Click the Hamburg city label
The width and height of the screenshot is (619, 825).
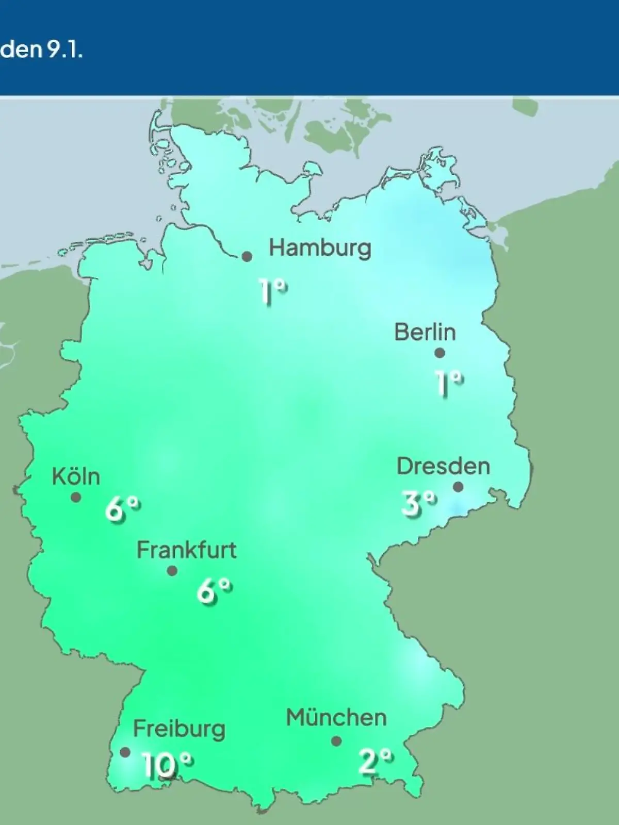coord(320,249)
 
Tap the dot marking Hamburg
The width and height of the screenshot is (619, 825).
coord(247,256)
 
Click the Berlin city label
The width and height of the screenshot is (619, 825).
coord(425,332)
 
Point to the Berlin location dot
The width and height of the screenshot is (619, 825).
coord(439,353)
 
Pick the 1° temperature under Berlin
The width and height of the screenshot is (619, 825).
coord(449,383)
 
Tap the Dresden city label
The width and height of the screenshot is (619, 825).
coord(443,466)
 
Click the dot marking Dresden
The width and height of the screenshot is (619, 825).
coord(458,487)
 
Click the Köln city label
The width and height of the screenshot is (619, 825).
coord(76,477)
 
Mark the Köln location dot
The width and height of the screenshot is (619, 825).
coord(76,498)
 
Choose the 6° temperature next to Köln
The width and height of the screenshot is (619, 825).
coord(123,509)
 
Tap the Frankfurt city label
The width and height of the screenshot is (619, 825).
coord(186,550)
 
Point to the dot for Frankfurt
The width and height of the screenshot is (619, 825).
coord(172,571)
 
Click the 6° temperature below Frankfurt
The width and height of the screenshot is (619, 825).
coord(214,591)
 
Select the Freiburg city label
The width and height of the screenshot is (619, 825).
coord(179,729)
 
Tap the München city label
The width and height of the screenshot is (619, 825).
coord(336,718)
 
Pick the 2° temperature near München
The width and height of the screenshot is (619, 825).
coord(376,761)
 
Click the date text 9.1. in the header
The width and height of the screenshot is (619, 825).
coord(64,51)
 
